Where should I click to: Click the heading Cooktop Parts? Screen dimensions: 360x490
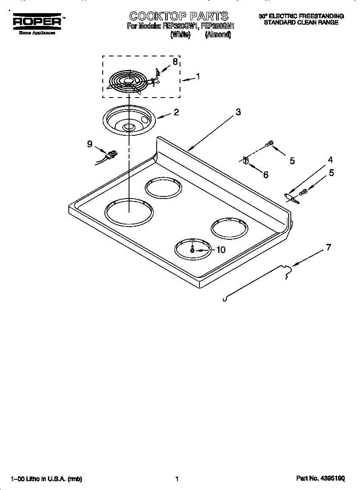coord(179,17)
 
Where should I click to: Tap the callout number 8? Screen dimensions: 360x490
coord(175,62)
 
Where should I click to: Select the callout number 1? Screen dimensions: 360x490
coord(197,77)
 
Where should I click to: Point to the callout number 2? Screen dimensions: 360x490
coord(176,112)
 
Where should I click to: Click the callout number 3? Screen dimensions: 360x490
coord(238,112)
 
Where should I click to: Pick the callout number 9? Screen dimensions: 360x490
coord(90,144)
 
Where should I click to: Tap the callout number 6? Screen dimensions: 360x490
coord(266,175)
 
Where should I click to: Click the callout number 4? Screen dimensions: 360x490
coord(330,160)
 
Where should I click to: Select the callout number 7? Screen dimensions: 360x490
coord(328,247)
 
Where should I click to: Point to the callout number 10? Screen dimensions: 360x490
coord(221,250)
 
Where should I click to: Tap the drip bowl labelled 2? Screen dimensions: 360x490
coord(128,121)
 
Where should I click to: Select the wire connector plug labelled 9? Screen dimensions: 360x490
coord(111,155)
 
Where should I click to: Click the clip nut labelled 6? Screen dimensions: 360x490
coord(245,160)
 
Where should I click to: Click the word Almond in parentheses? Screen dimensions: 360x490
coord(218,35)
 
